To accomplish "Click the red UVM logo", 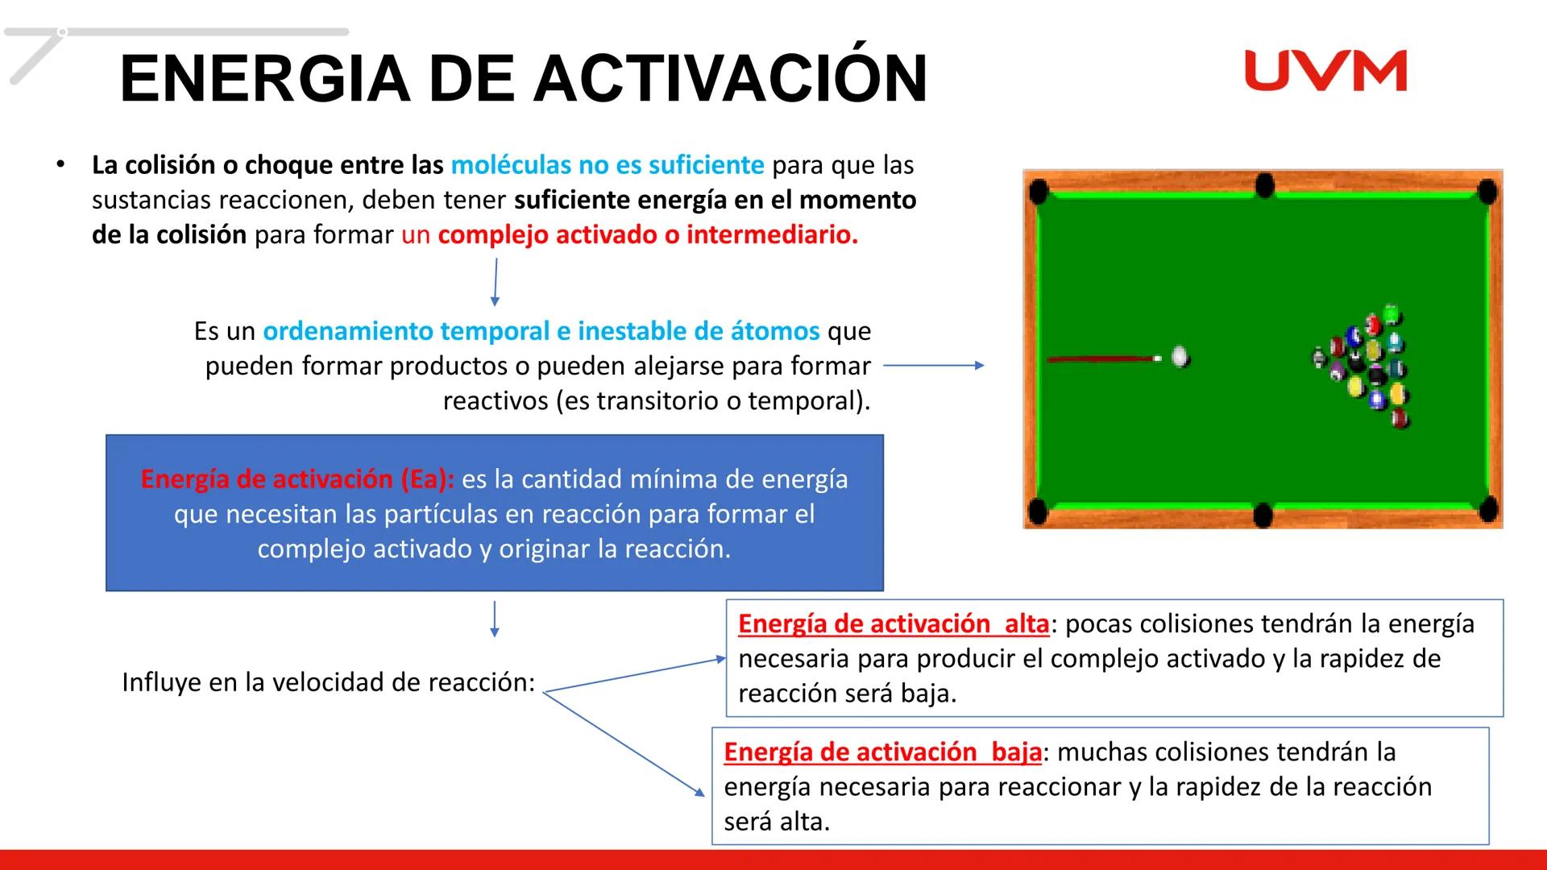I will [1325, 71].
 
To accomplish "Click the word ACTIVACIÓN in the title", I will [730, 78].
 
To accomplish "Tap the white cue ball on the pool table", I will [1180, 357].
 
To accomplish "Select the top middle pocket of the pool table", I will [1264, 186].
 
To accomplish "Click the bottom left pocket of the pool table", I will [1038, 511].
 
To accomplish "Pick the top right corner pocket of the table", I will [1487, 192].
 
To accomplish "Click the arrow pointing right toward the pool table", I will [934, 366].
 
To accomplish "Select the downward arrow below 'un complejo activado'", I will [496, 282].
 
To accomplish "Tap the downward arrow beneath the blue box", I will [494, 619].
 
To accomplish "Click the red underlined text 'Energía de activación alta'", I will [893, 624].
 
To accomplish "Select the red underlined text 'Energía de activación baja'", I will [882, 752].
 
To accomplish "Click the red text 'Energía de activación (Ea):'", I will [297, 479].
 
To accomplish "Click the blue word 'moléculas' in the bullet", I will [511, 165].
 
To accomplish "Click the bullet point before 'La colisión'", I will [60, 164].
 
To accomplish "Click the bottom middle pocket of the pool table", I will [1263, 513].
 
